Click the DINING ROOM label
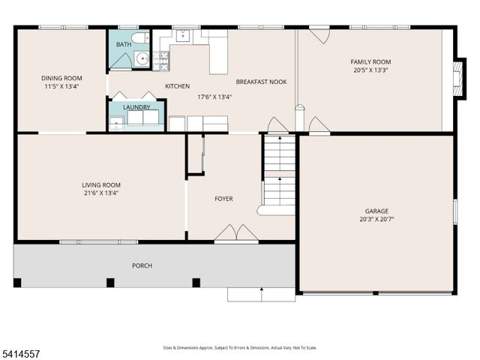click(61, 78)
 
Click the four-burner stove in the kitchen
click(160, 60)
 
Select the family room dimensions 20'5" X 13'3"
click(371, 70)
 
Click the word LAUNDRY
click(137, 107)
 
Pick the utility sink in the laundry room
click(115, 124)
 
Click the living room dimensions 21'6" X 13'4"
click(101, 193)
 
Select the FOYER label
click(223, 199)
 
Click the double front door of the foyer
click(236, 234)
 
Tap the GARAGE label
click(376, 211)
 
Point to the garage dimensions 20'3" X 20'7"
click(376, 220)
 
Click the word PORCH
click(143, 265)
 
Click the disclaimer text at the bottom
click(240, 347)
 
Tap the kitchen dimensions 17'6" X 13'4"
click(214, 96)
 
